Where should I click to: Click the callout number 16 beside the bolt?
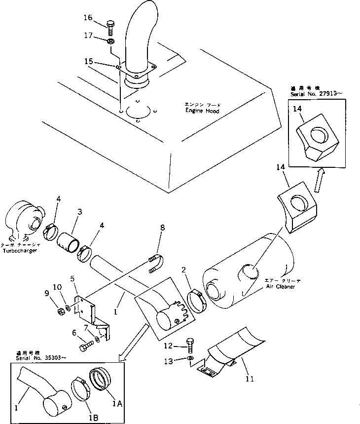87,18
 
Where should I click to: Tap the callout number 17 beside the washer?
87,36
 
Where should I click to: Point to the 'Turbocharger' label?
20,251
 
